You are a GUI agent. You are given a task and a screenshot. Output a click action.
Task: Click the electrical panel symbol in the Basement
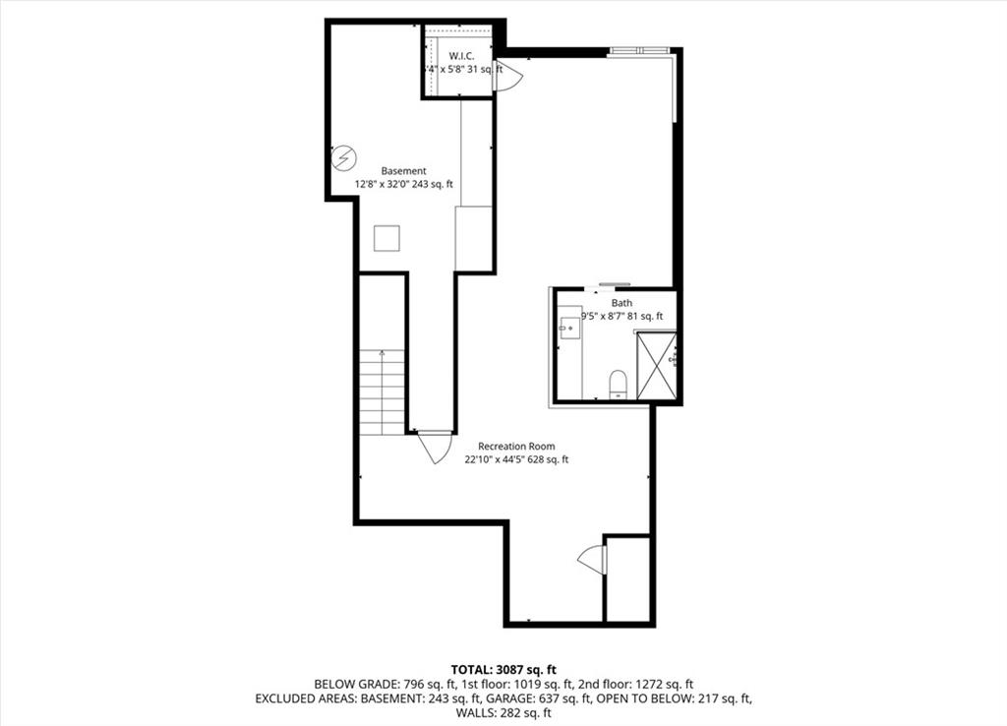click(343, 157)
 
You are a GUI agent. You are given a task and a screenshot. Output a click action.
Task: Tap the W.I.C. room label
click(462, 56)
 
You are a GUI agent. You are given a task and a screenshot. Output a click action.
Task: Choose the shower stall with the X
click(657, 366)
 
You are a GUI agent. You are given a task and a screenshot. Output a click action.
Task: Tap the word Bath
click(622, 303)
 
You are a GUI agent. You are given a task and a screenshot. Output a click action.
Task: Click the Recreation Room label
click(516, 446)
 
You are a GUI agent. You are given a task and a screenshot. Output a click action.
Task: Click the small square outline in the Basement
click(386, 239)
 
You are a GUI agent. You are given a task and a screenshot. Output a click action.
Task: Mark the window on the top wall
click(639, 51)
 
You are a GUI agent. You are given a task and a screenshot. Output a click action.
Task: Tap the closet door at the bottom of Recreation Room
click(594, 559)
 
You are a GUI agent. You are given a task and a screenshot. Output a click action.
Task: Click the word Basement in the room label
click(403, 171)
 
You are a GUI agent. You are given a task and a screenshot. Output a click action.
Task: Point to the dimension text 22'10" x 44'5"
click(499, 459)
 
